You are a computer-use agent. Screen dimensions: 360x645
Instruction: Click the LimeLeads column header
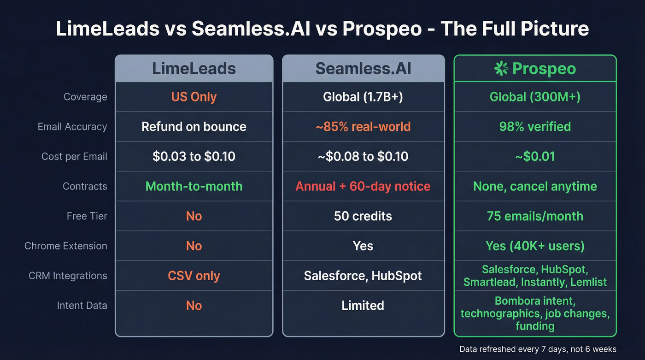click(194, 69)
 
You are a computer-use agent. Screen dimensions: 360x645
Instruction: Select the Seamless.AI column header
click(363, 69)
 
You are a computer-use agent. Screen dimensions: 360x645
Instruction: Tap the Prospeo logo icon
click(501, 69)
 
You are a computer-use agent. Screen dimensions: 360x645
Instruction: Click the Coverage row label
click(85, 97)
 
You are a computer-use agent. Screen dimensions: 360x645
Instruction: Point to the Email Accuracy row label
click(72, 127)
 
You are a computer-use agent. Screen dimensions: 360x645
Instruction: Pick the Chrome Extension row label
click(66, 246)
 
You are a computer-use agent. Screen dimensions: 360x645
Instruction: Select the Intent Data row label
click(82, 305)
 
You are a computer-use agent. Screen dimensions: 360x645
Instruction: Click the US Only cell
click(194, 97)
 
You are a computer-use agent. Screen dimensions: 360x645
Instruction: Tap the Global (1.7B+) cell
click(363, 97)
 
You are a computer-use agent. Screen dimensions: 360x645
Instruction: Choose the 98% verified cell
click(535, 127)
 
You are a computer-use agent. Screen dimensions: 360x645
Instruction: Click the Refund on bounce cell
click(194, 127)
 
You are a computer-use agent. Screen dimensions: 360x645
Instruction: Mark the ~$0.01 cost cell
click(535, 156)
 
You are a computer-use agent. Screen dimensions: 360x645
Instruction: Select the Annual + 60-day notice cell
click(363, 186)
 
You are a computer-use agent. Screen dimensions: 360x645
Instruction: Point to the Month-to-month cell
click(194, 186)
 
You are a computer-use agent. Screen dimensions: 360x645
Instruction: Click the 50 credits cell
click(363, 216)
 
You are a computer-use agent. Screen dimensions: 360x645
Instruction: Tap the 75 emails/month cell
click(535, 216)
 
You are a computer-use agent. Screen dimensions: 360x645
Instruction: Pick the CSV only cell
click(194, 276)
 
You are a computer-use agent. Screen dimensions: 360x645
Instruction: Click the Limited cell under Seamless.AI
click(363, 305)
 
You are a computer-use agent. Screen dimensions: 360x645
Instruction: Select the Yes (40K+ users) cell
click(535, 246)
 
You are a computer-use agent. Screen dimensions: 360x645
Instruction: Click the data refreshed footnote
click(538, 349)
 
